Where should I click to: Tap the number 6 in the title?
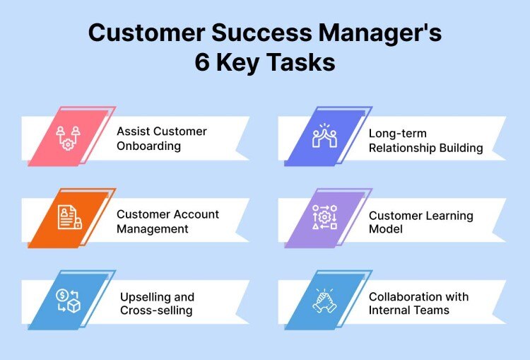[203, 62]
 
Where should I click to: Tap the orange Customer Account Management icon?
[69, 219]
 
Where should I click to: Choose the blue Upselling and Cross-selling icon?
[69, 301]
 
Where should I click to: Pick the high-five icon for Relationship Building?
[325, 137]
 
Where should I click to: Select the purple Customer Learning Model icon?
[325, 219]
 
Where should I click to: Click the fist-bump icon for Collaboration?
[325, 301]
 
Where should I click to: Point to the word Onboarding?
[149, 147]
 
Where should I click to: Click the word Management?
[153, 229]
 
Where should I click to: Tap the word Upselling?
[147, 297]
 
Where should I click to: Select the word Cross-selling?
[157, 310]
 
